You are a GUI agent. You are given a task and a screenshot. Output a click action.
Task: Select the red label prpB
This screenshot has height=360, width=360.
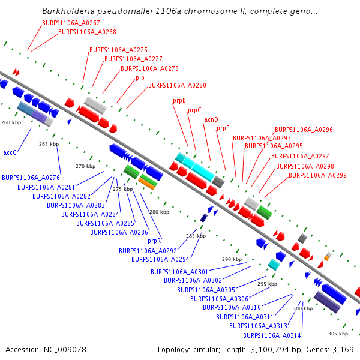coord(179,101)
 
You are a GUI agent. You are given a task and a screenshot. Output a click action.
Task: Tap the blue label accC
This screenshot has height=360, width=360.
coord(10,153)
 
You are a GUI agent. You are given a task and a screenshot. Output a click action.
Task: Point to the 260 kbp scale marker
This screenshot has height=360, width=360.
coord(11,122)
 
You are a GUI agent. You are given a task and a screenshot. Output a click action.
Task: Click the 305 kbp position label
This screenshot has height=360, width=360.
coord(338,334)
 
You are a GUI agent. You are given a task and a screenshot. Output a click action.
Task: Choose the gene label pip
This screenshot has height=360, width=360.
coord(140,77)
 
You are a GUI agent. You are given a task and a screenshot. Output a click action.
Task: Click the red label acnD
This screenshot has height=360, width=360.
coord(211,119)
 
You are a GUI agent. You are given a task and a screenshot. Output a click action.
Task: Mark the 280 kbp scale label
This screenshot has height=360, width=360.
coord(160,212)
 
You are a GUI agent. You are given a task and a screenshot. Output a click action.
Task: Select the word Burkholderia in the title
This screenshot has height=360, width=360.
coord(67,11)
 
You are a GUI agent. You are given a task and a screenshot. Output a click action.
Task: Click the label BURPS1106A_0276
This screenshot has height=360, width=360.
coord(31,178)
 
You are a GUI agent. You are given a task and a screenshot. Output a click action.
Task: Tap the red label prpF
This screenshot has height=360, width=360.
coord(223,128)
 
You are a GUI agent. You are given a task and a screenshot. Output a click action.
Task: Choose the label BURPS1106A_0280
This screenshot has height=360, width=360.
coord(177,86)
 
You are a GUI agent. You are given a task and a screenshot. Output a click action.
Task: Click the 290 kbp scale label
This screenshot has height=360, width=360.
coord(231,259)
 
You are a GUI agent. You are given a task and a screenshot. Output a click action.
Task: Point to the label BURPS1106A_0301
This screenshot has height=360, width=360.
coord(179,272)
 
